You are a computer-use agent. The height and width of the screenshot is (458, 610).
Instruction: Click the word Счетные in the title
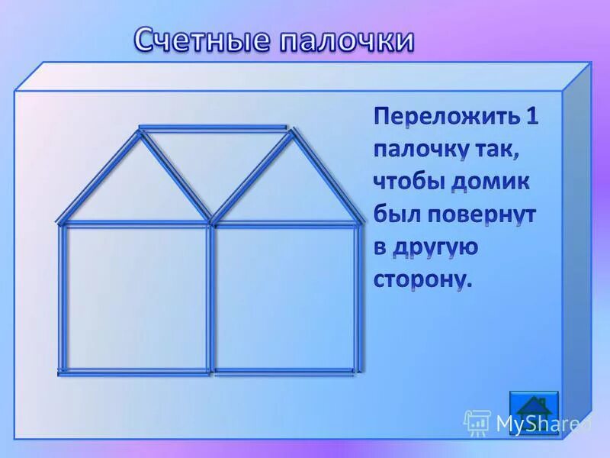pos(200,40)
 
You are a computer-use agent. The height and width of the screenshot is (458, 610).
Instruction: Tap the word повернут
pos(485,215)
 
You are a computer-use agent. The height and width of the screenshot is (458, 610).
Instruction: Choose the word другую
pos(436,247)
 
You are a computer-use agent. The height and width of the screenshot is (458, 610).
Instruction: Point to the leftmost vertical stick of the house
pos(63,298)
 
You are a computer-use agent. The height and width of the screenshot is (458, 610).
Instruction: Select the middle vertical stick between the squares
pos(210,298)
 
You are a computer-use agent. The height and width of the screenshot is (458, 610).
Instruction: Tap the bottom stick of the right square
pos(284,372)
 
